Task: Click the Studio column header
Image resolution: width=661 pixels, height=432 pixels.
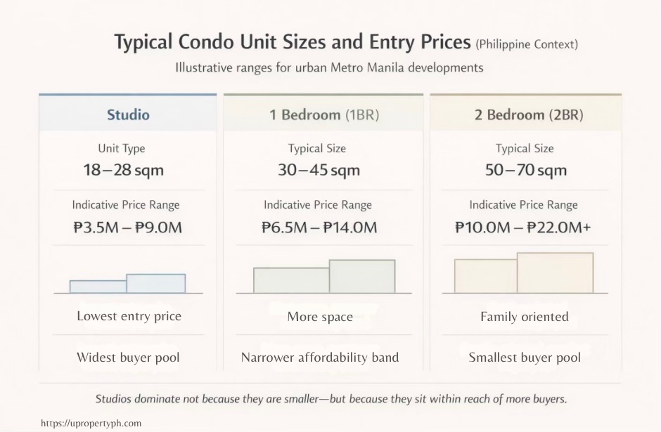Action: click(x=128, y=114)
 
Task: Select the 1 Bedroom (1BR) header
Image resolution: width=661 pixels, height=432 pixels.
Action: click(x=323, y=114)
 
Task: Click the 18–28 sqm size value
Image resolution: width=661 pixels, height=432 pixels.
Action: click(x=122, y=170)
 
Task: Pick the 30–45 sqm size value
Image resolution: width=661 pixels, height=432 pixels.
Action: click(x=319, y=170)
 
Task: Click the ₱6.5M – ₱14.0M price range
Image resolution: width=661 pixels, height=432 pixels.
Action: click(x=319, y=227)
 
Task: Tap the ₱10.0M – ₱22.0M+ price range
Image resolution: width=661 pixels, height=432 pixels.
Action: click(x=522, y=227)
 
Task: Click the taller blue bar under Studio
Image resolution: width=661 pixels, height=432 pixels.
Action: click(x=156, y=283)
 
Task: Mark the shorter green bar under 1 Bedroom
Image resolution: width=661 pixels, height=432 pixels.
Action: click(x=291, y=280)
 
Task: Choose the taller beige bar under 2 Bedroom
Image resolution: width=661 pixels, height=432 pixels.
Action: click(x=555, y=273)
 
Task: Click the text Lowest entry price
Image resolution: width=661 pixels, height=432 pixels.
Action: click(x=129, y=316)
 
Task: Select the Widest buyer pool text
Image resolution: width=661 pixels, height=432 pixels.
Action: click(x=128, y=358)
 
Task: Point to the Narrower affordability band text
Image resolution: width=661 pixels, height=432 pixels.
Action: click(x=320, y=358)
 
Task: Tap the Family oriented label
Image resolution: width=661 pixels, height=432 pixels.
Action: click(x=525, y=317)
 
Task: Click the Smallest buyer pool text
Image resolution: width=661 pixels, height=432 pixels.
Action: click(x=525, y=358)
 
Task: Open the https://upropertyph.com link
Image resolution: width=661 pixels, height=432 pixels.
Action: click(x=91, y=423)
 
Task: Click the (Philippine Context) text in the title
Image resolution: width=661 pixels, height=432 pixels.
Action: click(x=527, y=45)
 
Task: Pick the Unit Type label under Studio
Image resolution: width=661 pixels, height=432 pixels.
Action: click(x=122, y=149)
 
